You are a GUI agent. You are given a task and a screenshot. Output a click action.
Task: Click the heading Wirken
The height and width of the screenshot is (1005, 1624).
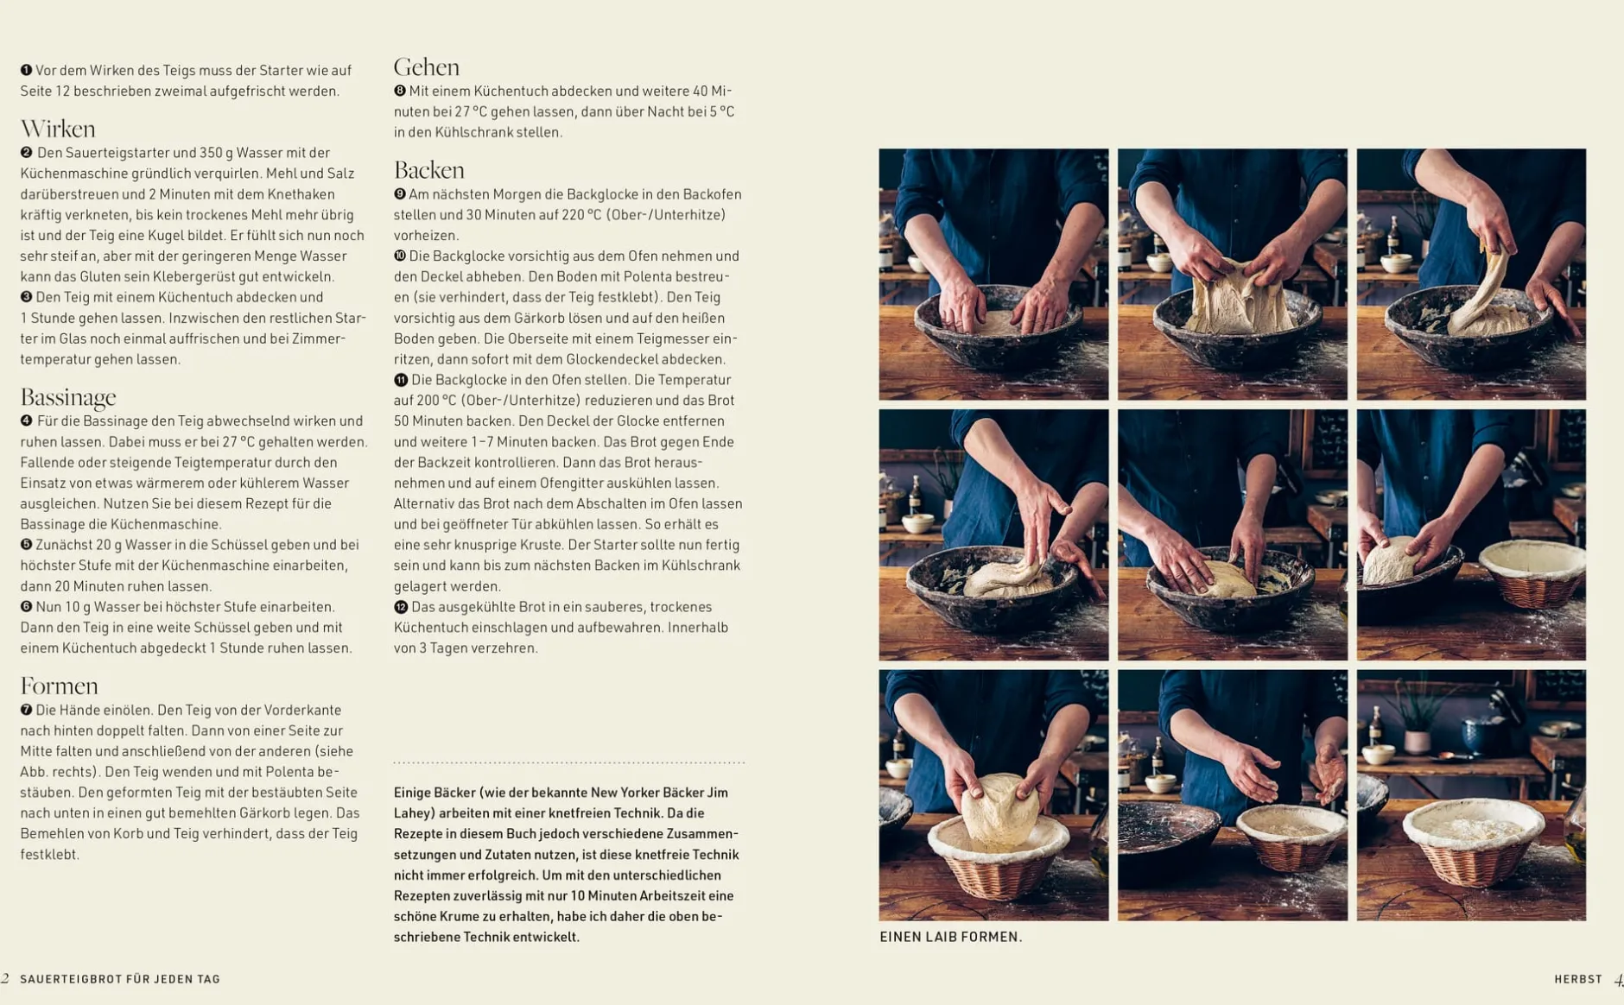[x=58, y=129]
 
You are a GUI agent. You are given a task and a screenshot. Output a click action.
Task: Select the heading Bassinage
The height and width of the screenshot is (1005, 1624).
[x=68, y=397]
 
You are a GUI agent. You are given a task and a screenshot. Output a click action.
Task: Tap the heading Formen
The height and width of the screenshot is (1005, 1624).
[x=60, y=686]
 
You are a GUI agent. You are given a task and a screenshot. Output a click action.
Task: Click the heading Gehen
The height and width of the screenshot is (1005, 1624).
[x=427, y=67]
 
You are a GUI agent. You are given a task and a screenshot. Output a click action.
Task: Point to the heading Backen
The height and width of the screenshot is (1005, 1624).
[x=429, y=170]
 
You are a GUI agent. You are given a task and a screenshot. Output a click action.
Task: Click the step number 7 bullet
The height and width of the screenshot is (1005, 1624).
[x=27, y=710]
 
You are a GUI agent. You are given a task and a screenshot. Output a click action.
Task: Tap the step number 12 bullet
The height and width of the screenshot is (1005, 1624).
[x=401, y=606]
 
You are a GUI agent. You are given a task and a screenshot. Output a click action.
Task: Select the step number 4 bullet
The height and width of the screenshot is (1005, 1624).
[x=27, y=420]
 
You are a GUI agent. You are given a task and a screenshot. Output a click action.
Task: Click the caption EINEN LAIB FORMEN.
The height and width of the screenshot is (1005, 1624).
[x=951, y=937]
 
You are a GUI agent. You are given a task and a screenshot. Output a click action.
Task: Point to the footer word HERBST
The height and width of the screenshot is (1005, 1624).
[x=1578, y=979]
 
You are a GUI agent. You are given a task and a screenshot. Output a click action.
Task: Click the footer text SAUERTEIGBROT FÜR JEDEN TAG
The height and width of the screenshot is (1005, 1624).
[x=120, y=979]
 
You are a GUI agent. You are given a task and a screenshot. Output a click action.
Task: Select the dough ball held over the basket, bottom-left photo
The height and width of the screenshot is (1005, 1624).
[x=1001, y=809]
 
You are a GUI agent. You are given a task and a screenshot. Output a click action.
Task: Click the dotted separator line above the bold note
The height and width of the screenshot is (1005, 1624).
[x=569, y=763]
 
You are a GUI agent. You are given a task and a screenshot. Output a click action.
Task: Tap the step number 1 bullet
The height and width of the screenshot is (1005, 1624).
[x=27, y=70]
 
